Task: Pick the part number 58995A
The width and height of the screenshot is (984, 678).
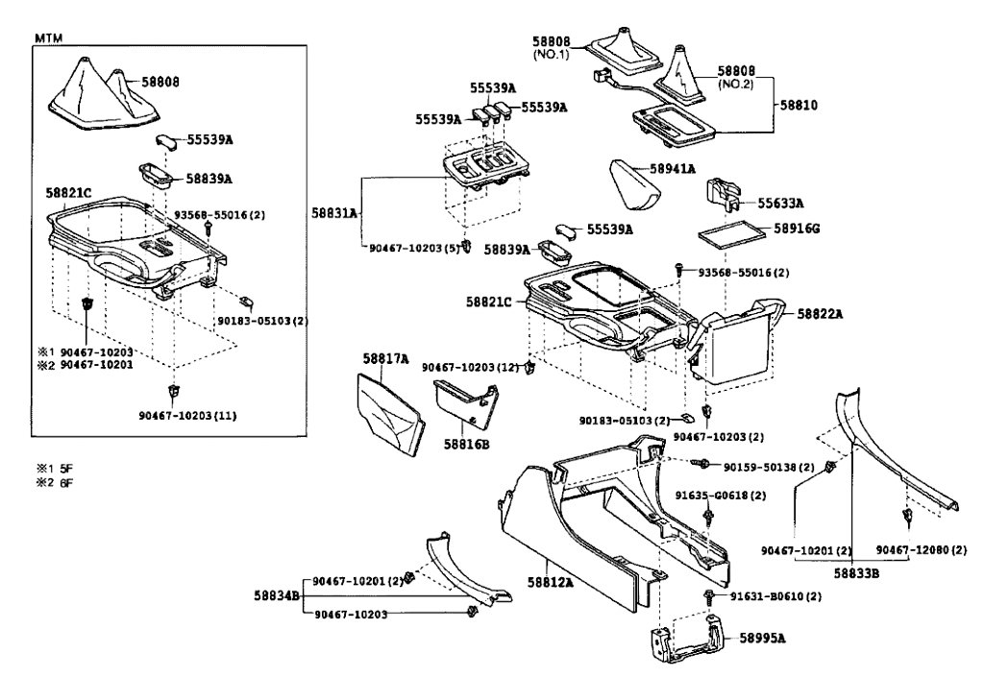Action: pyautogui.click(x=761, y=637)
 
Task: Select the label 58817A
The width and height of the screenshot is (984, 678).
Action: pyautogui.click(x=385, y=358)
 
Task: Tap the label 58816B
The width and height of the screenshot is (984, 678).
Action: pyautogui.click(x=466, y=445)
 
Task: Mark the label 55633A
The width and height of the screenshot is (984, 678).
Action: pyautogui.click(x=780, y=204)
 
